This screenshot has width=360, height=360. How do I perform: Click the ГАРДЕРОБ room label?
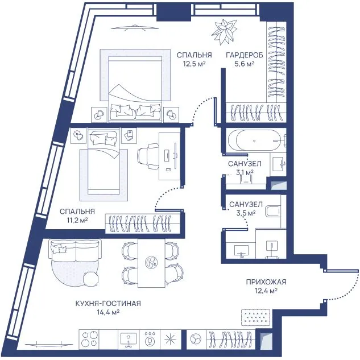click(245, 55)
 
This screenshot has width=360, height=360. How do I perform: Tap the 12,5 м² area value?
click(194, 64)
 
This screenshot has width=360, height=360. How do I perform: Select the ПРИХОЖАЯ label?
click(266, 282)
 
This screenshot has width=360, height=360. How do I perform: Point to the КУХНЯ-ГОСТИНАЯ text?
click(108, 303)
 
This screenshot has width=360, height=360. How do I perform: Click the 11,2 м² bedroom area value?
click(77, 220)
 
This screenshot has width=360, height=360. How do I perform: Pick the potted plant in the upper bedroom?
click(224, 32)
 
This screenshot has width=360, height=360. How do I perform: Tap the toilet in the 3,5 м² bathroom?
click(273, 211)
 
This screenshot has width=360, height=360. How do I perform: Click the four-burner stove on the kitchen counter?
click(89, 338)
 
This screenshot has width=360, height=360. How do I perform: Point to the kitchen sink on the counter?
click(129, 339)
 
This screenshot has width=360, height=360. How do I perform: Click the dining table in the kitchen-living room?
click(151, 263)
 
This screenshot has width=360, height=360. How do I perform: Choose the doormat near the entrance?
click(255, 317)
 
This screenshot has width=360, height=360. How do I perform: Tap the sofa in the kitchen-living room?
click(75, 250)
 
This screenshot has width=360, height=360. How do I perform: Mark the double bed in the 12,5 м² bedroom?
click(135, 88)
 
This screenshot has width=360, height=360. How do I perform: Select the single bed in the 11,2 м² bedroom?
click(104, 161)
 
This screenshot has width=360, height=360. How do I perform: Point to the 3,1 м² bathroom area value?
click(245, 172)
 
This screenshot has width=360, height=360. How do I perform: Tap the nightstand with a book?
click(129, 135)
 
